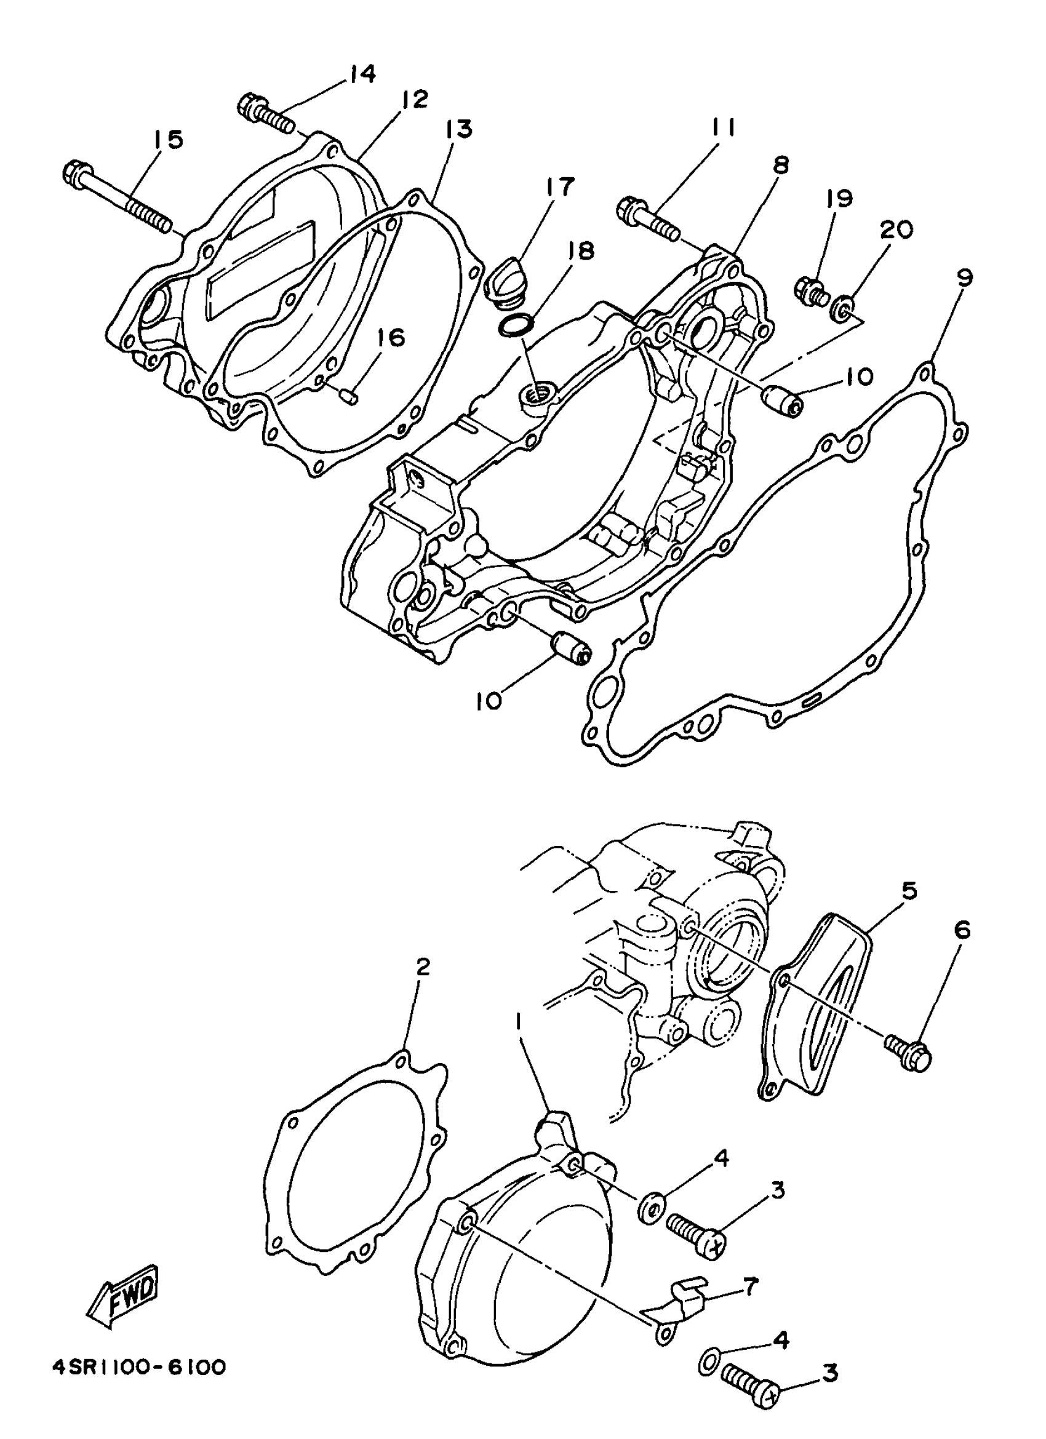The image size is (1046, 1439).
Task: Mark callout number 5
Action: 909,891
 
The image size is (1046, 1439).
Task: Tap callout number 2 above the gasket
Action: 423,967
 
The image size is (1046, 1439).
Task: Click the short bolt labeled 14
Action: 266,114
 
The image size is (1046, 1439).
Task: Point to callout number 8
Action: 780,166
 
